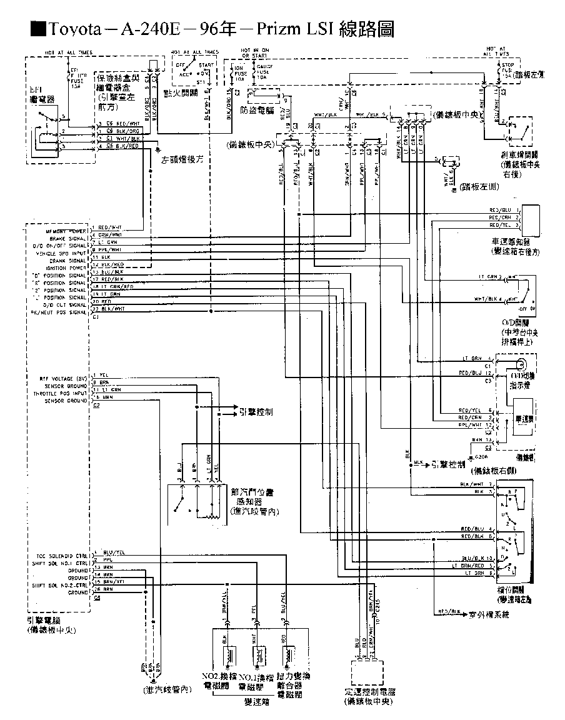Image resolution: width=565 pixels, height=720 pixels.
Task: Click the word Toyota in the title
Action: (x=75, y=29)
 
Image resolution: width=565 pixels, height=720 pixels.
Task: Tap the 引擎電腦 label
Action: (x=44, y=621)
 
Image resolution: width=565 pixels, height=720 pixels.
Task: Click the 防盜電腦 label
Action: (x=257, y=110)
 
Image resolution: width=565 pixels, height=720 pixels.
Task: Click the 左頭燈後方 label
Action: (x=184, y=160)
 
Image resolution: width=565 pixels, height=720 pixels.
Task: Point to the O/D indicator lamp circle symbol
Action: (x=521, y=364)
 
